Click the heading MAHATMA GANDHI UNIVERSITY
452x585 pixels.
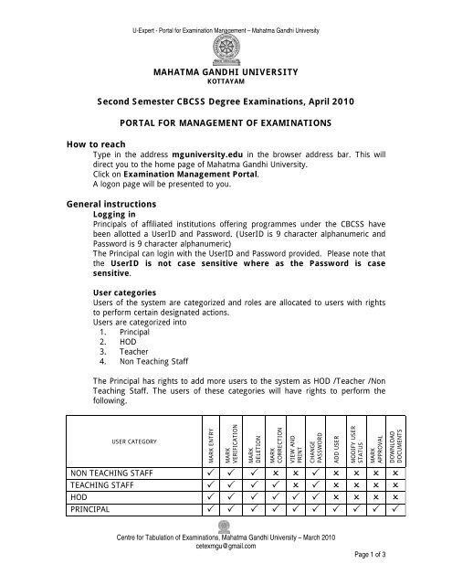click(226, 69)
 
